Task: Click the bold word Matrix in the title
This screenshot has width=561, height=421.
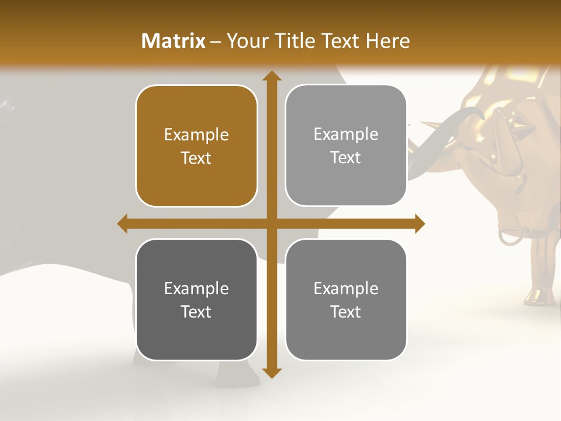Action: pos(174,41)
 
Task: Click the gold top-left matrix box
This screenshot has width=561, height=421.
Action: pos(196,146)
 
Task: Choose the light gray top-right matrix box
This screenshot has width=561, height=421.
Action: pos(346,146)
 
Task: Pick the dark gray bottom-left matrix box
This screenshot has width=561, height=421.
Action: pos(196,299)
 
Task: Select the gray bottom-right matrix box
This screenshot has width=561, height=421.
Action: pos(346,299)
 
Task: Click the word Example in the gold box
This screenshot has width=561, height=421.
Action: pos(196,135)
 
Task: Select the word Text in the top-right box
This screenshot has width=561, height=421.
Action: pos(346,158)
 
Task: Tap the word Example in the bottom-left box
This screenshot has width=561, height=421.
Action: pos(196,288)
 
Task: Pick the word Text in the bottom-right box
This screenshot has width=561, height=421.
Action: pos(346,312)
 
